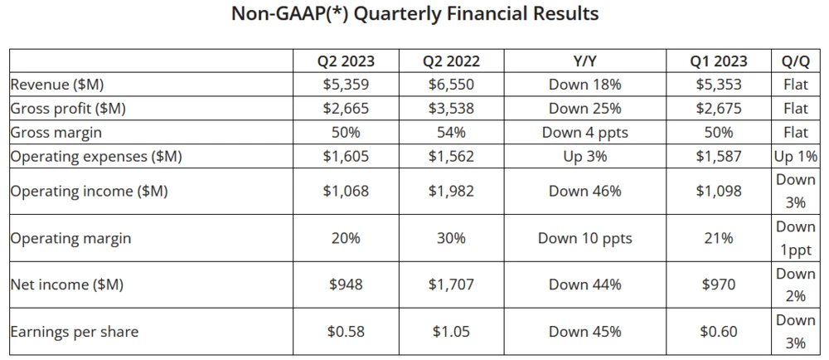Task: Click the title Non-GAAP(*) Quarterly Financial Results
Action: point(414,14)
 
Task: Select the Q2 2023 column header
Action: point(346,61)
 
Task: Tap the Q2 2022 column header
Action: point(451,61)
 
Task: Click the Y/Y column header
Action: point(584,61)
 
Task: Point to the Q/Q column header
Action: point(795,61)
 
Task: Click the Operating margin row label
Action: point(70,238)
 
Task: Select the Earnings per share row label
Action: point(75,332)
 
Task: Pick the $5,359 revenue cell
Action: point(346,85)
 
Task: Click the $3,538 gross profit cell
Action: point(451,109)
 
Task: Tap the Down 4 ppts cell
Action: point(584,132)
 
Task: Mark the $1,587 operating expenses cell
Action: point(719,157)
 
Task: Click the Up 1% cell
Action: point(795,157)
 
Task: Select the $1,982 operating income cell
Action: point(451,192)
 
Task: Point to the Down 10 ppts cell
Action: point(584,238)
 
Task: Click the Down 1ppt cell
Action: point(795,238)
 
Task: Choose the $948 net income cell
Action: point(346,285)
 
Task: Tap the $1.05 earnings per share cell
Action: point(451,332)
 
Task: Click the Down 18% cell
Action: point(584,85)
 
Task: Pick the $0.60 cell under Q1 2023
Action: point(719,332)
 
